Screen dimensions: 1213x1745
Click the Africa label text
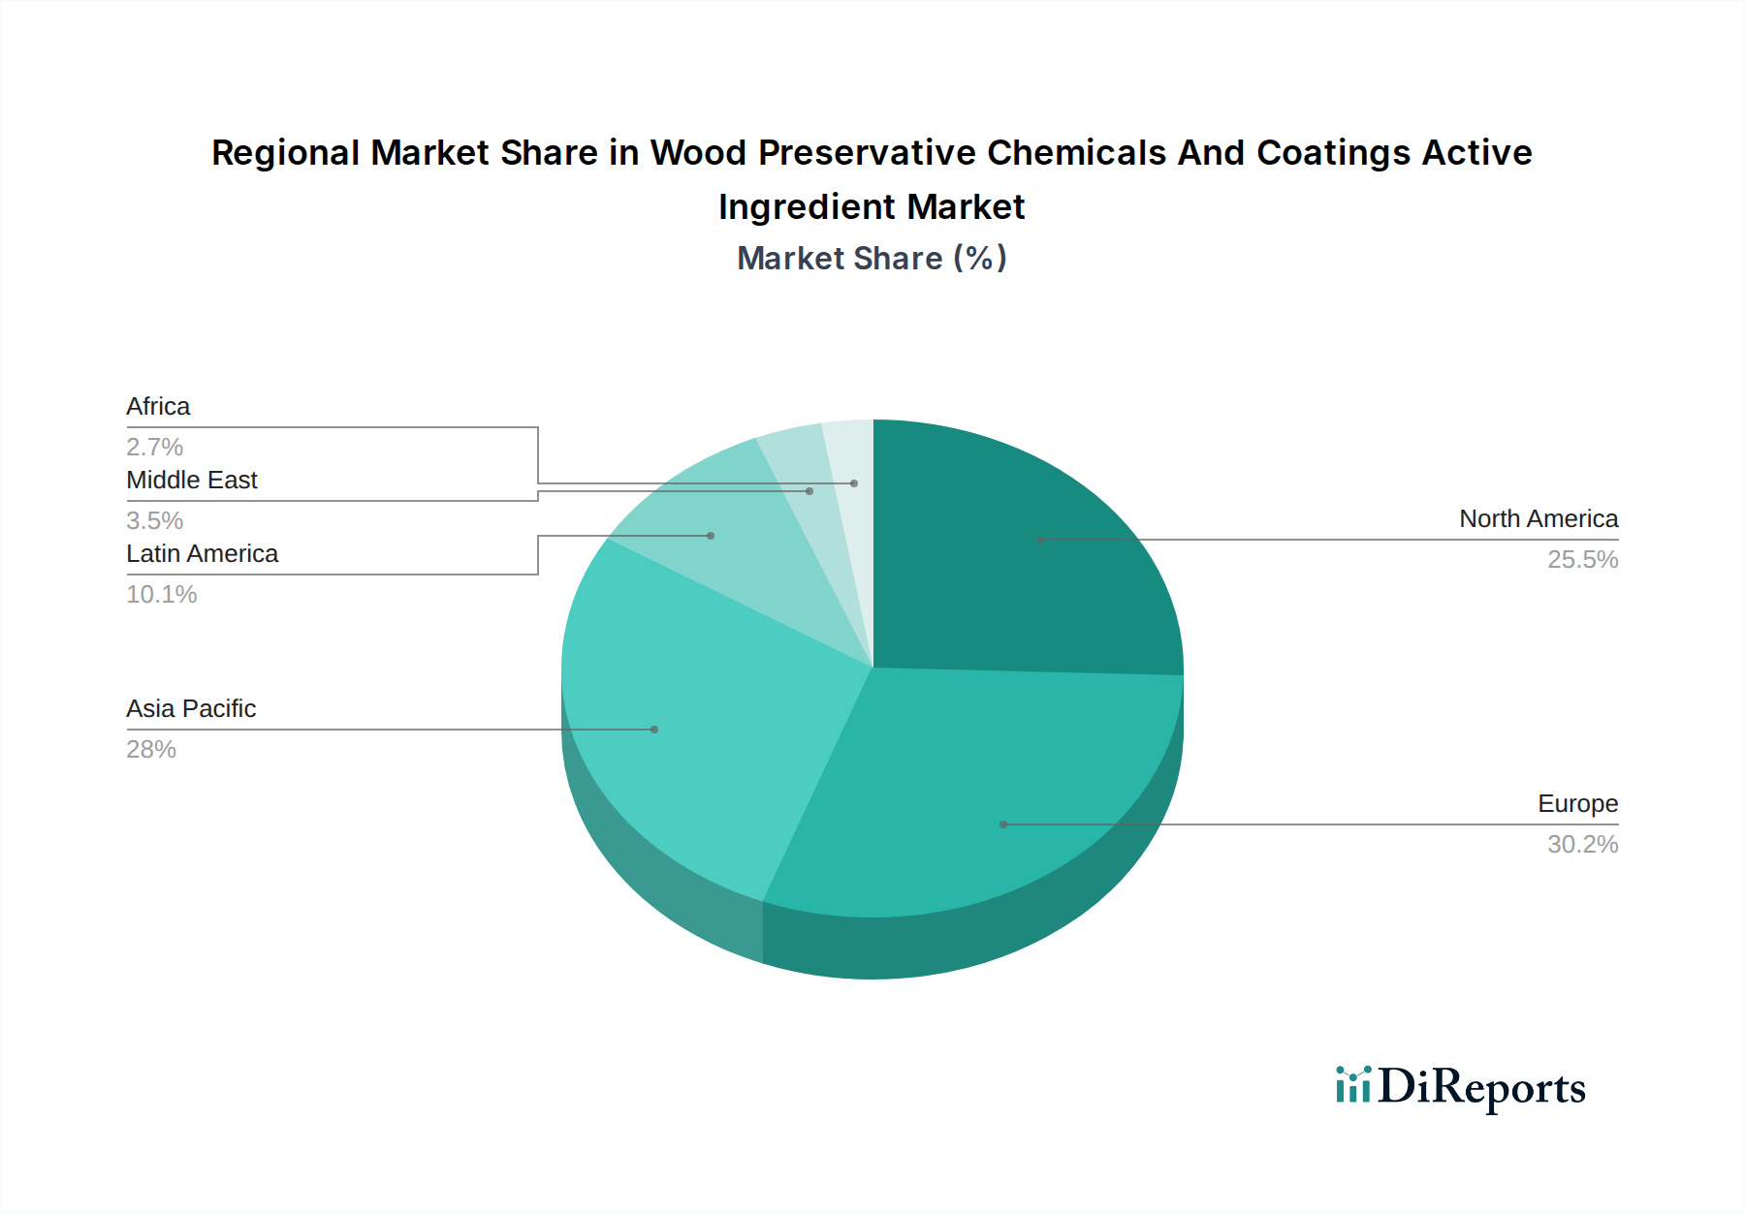(x=158, y=407)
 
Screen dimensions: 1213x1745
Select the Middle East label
(x=191, y=481)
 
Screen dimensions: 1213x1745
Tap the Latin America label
(x=202, y=554)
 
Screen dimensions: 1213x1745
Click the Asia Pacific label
(x=191, y=709)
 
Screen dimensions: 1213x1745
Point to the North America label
(x=1539, y=519)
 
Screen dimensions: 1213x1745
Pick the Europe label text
(x=1577, y=804)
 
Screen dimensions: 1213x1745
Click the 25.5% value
(x=1582, y=560)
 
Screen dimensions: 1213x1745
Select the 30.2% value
(x=1582, y=845)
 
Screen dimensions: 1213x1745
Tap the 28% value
(x=151, y=750)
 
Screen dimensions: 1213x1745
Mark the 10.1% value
(x=162, y=595)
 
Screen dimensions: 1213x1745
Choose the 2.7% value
(x=155, y=448)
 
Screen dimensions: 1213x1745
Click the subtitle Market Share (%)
(x=872, y=259)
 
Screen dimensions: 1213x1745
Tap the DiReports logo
(x=1460, y=1087)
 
